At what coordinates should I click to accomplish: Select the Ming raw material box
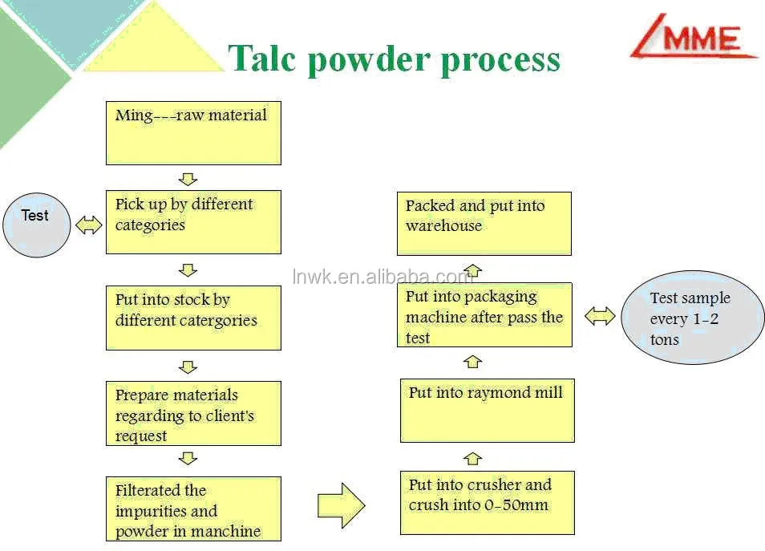[x=193, y=132]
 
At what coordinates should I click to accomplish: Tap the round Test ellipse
[x=37, y=224]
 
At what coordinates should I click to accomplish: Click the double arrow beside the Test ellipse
[x=88, y=225]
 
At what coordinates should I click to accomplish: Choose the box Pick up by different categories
[x=193, y=221]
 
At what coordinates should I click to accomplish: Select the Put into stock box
[x=193, y=318]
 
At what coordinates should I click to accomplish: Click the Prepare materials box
[x=193, y=413]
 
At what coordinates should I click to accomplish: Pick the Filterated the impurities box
[x=193, y=508]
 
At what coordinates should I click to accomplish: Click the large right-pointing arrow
[x=342, y=505]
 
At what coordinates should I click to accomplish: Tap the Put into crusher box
[x=487, y=503]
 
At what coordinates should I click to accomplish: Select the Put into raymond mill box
[x=487, y=411]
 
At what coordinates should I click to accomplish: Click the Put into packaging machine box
[x=484, y=315]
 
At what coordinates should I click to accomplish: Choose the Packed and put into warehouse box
[x=484, y=223]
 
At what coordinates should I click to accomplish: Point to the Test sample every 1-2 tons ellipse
[x=692, y=318]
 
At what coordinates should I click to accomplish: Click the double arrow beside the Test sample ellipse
[x=600, y=316]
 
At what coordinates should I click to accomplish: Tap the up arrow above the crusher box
[x=473, y=458]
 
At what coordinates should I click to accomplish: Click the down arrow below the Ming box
[x=188, y=178]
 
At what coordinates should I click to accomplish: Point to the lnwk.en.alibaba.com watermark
[x=383, y=277]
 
